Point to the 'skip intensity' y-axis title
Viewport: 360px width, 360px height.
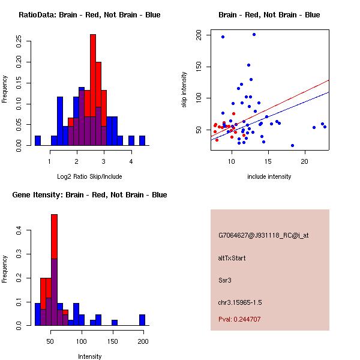pyautogui.click(x=185, y=90)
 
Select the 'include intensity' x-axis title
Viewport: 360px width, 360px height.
pyautogui.click(x=269, y=176)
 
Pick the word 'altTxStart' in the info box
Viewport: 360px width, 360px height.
pyautogui.click(x=232, y=258)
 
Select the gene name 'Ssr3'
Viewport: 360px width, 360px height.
pyautogui.click(x=225, y=280)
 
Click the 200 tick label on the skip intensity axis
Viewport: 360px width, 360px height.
pyautogui.click(x=199, y=36)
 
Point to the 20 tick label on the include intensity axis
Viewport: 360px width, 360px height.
pyautogui.click(x=305, y=162)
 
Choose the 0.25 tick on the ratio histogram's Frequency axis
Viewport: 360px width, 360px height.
pyautogui.click(x=19, y=42)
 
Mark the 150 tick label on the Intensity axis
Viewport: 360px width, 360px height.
pyautogui.click(x=113, y=341)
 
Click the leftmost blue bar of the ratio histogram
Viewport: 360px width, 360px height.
pyautogui.click(x=38, y=141)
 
